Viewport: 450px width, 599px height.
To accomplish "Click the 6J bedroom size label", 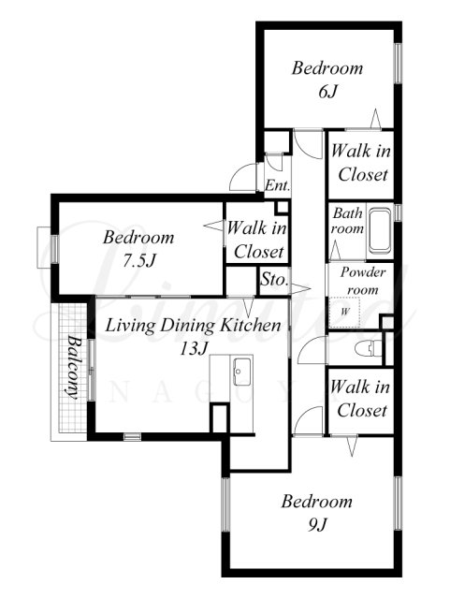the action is tap(328, 92).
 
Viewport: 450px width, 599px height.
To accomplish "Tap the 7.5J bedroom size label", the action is tap(138, 261).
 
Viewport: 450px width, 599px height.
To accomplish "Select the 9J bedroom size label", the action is tap(317, 525).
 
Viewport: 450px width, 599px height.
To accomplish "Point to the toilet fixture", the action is tap(368, 348).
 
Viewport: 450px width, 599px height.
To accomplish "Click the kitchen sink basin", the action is tap(241, 372).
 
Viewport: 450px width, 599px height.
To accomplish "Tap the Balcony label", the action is tap(73, 367).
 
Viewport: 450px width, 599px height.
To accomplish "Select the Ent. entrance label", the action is tap(277, 185).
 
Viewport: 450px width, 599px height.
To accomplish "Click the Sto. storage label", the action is tap(274, 279).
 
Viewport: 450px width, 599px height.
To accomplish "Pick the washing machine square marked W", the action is tap(344, 312).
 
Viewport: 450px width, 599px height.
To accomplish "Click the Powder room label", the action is tap(362, 281).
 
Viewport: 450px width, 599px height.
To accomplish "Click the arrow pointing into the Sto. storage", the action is tap(299, 287).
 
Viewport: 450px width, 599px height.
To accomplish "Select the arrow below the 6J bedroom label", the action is tap(375, 118).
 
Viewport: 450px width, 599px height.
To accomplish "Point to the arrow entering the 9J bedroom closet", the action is tap(352, 446).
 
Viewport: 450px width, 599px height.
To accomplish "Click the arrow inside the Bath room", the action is tap(336, 251).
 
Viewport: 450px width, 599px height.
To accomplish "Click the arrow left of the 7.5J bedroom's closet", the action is tap(213, 225).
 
